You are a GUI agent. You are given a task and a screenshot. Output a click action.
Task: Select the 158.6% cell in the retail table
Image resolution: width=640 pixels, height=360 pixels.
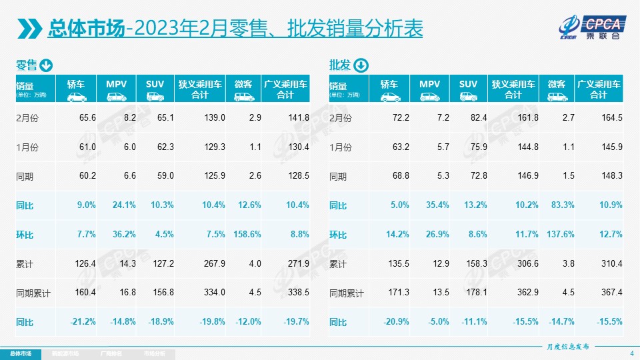(246, 234)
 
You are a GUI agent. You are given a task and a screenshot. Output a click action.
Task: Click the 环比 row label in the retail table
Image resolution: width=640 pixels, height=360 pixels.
(24, 235)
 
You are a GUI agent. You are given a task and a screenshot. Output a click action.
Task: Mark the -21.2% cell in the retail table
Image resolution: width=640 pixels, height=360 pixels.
(84, 322)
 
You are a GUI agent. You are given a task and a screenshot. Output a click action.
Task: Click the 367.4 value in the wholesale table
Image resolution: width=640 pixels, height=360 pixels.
(611, 293)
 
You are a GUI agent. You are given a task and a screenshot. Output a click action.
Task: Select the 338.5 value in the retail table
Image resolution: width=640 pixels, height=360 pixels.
(298, 293)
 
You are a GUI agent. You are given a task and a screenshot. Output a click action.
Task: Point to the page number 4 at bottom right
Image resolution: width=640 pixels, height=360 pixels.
(631, 353)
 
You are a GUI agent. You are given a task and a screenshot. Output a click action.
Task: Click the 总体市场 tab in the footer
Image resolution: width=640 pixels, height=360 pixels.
(20, 353)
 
